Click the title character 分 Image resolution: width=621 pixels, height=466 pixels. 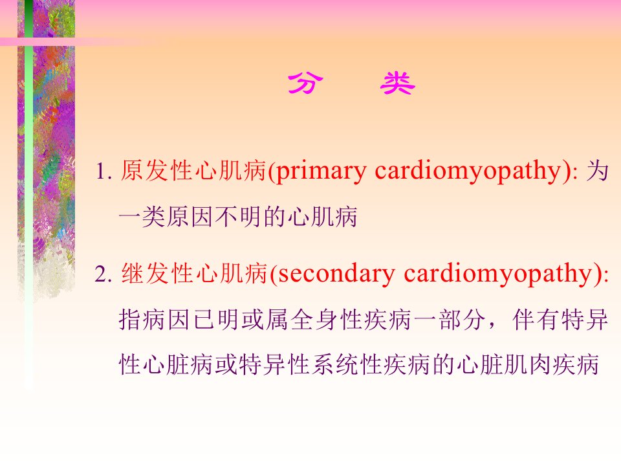click(x=305, y=83)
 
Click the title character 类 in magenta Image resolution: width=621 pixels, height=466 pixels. click(x=397, y=83)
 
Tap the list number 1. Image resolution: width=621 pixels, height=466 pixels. click(x=102, y=172)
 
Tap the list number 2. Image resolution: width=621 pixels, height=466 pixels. click(x=102, y=274)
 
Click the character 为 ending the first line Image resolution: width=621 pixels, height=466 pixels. click(x=597, y=171)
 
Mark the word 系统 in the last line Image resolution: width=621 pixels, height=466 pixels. click(x=336, y=364)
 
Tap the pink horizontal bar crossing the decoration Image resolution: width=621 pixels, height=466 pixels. click(x=71, y=41)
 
